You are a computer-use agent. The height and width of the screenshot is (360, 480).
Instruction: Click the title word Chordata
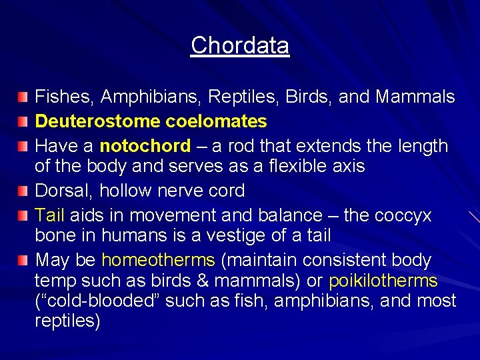(x=240, y=45)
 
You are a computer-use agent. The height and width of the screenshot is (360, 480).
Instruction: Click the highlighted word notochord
(x=145, y=145)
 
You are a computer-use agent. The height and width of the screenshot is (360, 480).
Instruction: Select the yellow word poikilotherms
(x=383, y=281)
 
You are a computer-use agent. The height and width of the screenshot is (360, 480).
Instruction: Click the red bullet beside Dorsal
(x=23, y=191)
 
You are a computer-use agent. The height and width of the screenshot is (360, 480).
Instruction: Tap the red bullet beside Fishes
(x=23, y=98)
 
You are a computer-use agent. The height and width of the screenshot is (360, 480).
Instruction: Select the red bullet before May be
(x=23, y=260)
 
